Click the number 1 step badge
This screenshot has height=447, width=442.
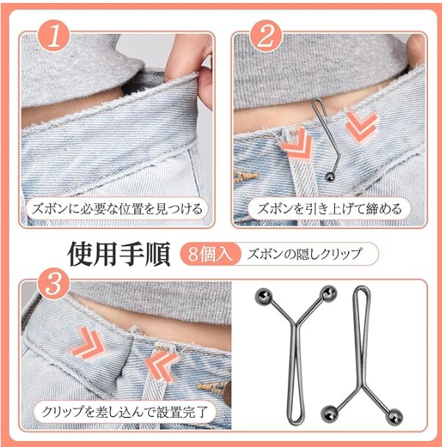pos(54,36)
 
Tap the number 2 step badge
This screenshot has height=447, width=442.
pos(266,36)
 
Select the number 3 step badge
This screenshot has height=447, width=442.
pos(54,283)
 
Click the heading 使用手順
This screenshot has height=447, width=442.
pos(119,254)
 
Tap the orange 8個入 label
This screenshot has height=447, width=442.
pos(210,254)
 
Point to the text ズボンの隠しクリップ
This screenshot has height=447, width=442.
pos(304,254)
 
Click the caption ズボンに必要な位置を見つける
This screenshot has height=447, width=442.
pos(117,209)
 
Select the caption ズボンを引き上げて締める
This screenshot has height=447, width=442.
pos(329,209)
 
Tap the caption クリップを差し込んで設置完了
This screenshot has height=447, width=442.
pos(125,412)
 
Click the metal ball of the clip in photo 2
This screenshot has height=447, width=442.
pos(330,176)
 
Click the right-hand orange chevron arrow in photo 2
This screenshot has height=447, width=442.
pos(361,126)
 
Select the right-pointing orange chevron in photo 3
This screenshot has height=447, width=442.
pos(87,342)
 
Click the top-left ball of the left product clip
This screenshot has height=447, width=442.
pos(263,296)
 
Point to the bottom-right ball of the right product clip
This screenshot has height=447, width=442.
pos(394,417)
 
